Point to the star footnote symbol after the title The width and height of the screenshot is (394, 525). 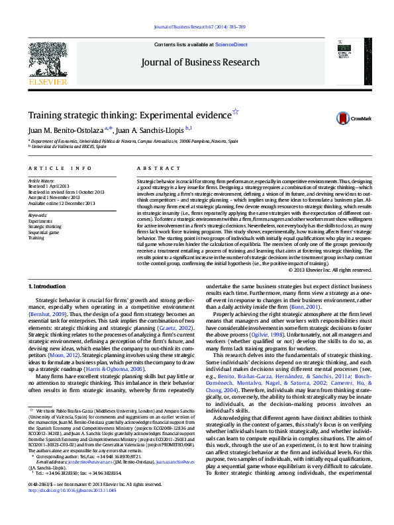coord(235,112)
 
